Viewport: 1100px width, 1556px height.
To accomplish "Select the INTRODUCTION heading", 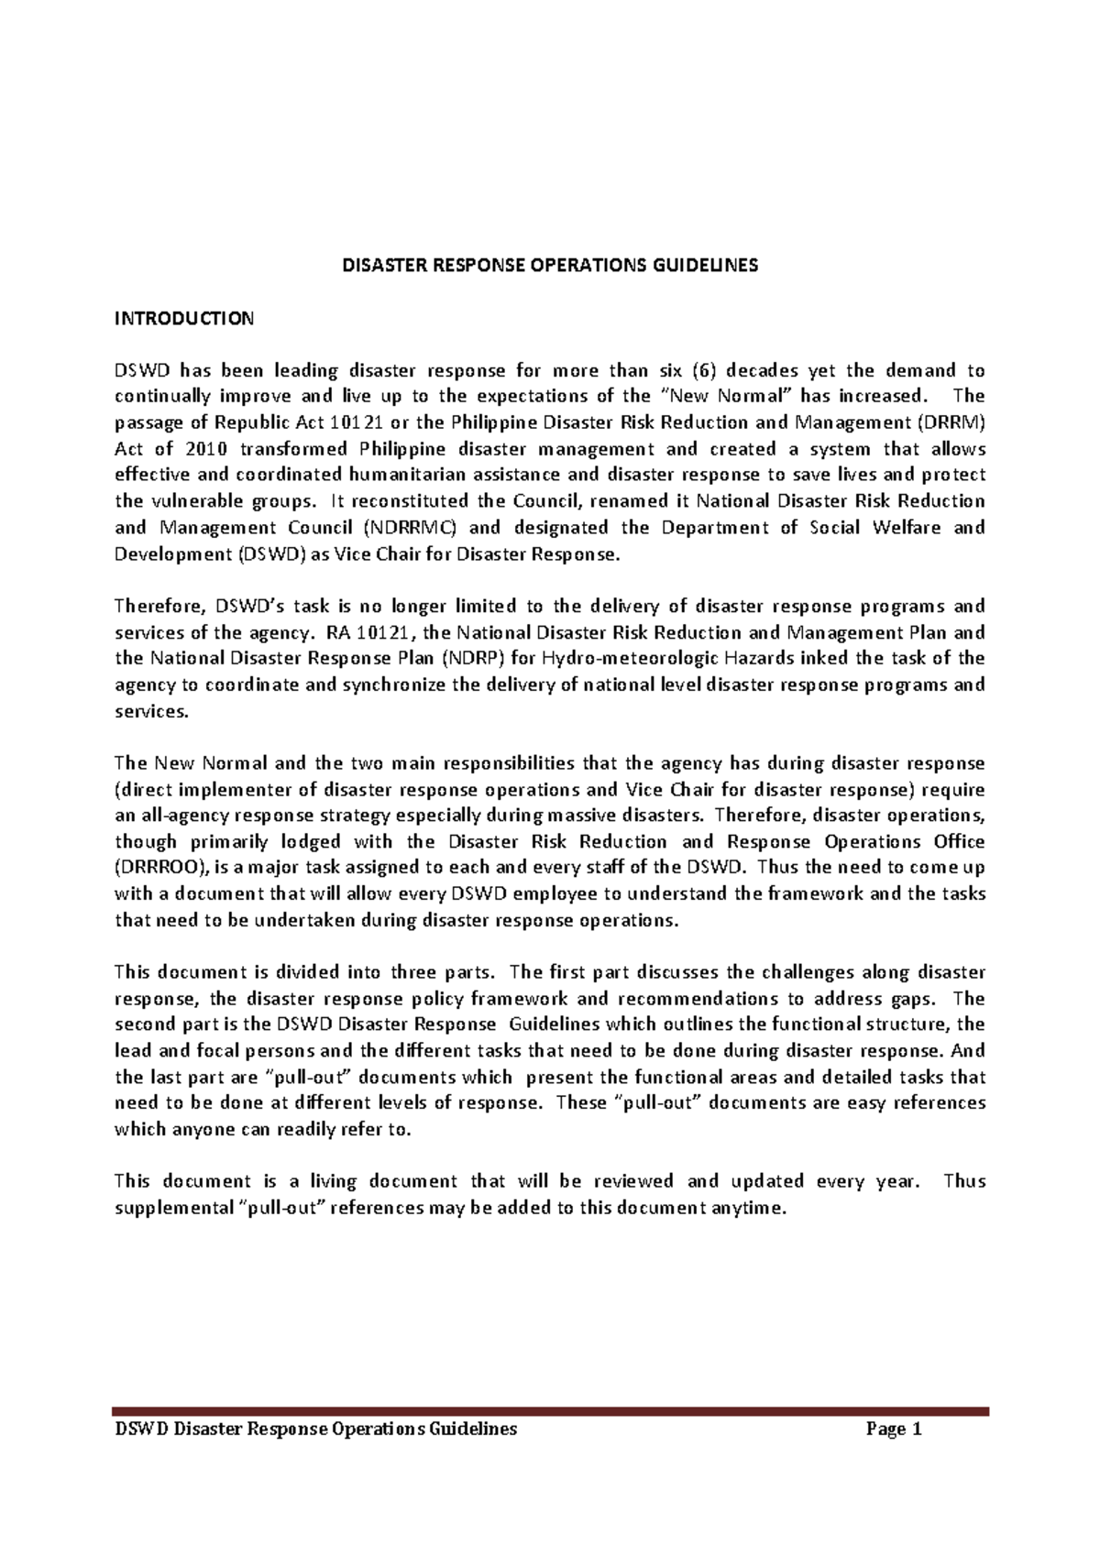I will point(183,319).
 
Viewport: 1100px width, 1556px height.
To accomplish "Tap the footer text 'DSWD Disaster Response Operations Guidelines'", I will point(315,1429).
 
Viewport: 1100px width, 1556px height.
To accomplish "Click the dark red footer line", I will point(550,1412).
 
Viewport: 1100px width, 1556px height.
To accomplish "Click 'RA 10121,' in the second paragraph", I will point(371,632).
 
